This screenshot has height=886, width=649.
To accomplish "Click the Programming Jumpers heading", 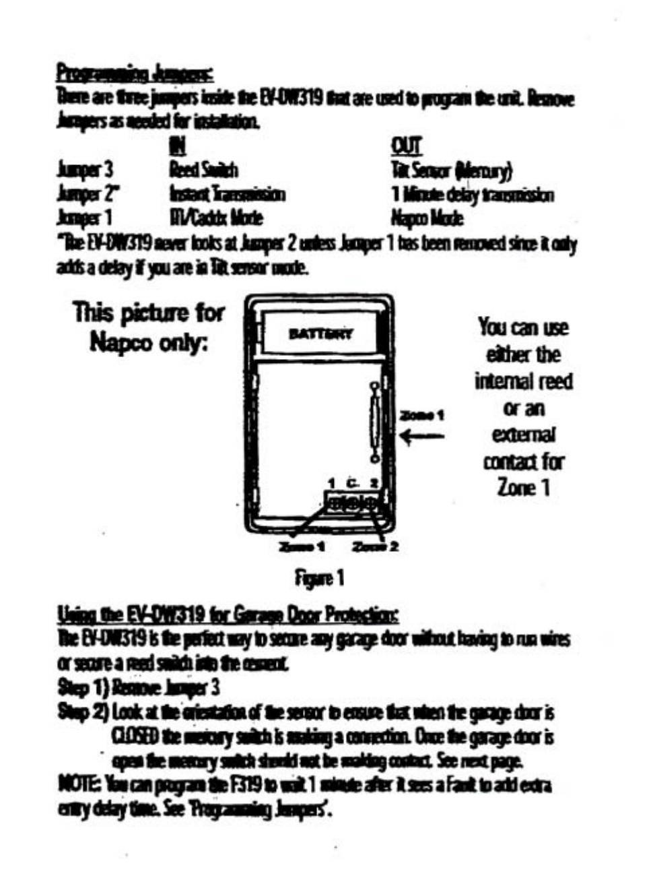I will (x=135, y=71).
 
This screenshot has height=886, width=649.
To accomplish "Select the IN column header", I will (x=176, y=146).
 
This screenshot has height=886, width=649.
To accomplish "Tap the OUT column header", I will (x=406, y=146).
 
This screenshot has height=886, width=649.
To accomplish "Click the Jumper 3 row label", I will (x=85, y=170).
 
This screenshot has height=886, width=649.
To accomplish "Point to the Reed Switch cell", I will (x=203, y=170).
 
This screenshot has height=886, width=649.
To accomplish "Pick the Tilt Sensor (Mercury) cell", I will (x=452, y=170).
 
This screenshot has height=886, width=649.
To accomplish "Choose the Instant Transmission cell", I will (x=227, y=195).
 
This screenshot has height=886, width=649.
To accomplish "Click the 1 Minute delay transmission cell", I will (x=473, y=195).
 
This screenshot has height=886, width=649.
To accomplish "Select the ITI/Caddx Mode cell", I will (x=215, y=218).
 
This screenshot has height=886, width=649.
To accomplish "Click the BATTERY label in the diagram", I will (x=320, y=333).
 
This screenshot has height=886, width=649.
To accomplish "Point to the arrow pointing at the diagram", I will (x=421, y=437).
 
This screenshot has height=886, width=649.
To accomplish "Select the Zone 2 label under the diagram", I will (x=376, y=546).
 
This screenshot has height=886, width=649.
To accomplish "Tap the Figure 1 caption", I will (x=320, y=577).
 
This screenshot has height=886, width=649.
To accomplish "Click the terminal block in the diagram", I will (x=351, y=502).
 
